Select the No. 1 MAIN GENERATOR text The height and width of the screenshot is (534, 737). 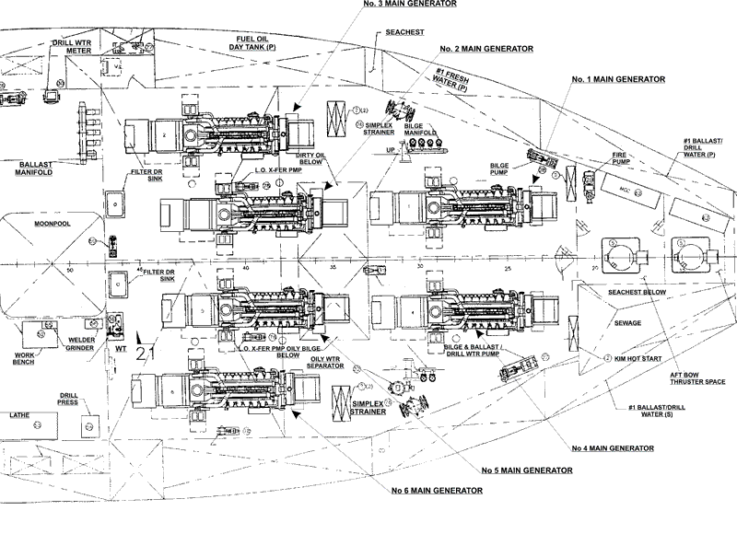tap(617, 80)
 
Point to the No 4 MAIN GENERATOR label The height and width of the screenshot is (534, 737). tap(613, 448)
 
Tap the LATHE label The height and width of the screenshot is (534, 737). tap(20, 415)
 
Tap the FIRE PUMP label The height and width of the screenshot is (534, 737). tap(626, 159)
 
